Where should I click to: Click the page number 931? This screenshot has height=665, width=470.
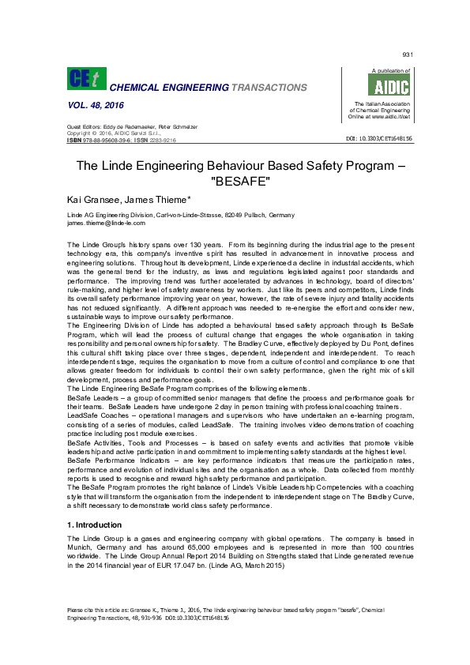pyautogui.click(x=408, y=54)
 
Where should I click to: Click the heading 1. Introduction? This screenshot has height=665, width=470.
pyautogui.click(x=95, y=524)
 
